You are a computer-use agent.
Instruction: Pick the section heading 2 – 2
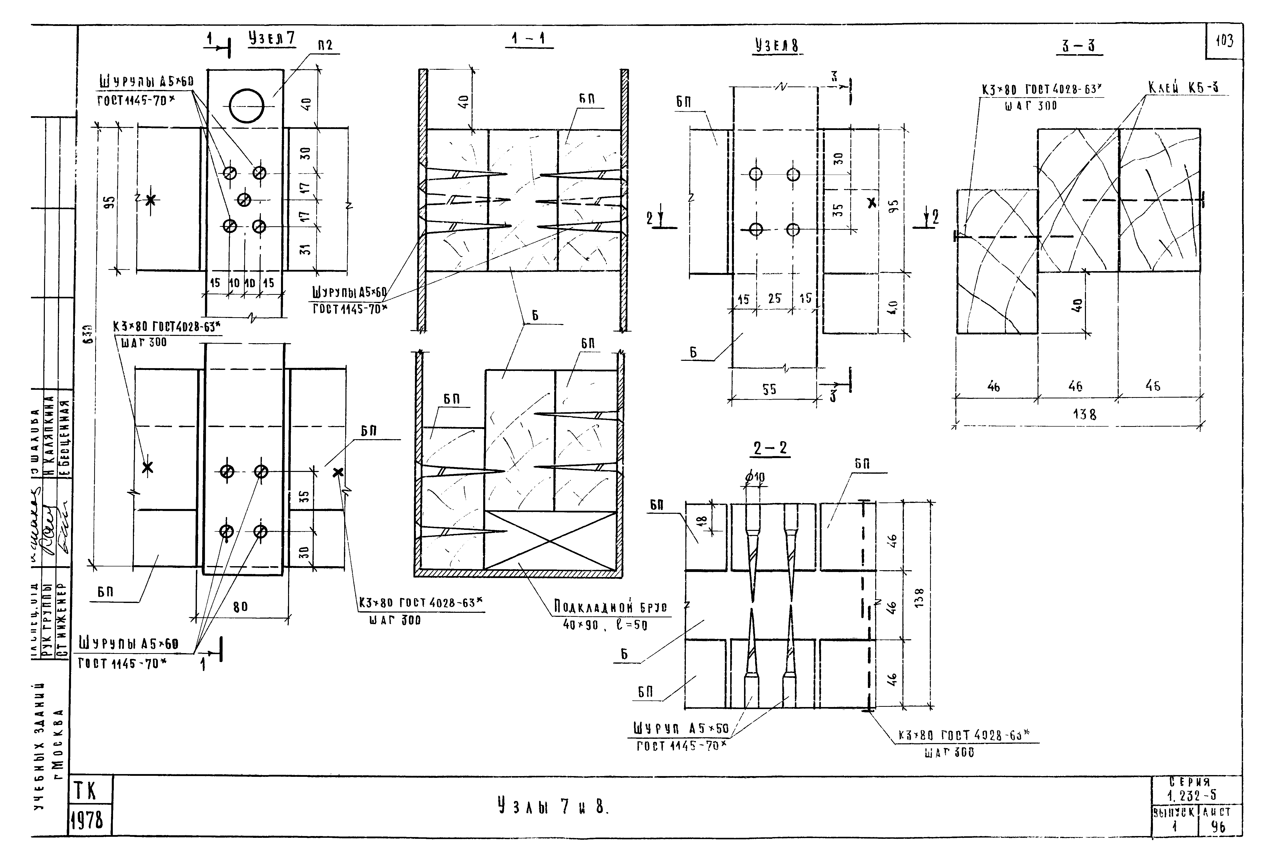(770, 449)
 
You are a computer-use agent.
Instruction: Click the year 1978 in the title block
(87, 820)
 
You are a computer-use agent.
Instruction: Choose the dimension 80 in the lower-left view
(240, 606)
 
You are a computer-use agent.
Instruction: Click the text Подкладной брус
(610, 607)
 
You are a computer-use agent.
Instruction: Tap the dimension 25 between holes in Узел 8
(774, 299)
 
